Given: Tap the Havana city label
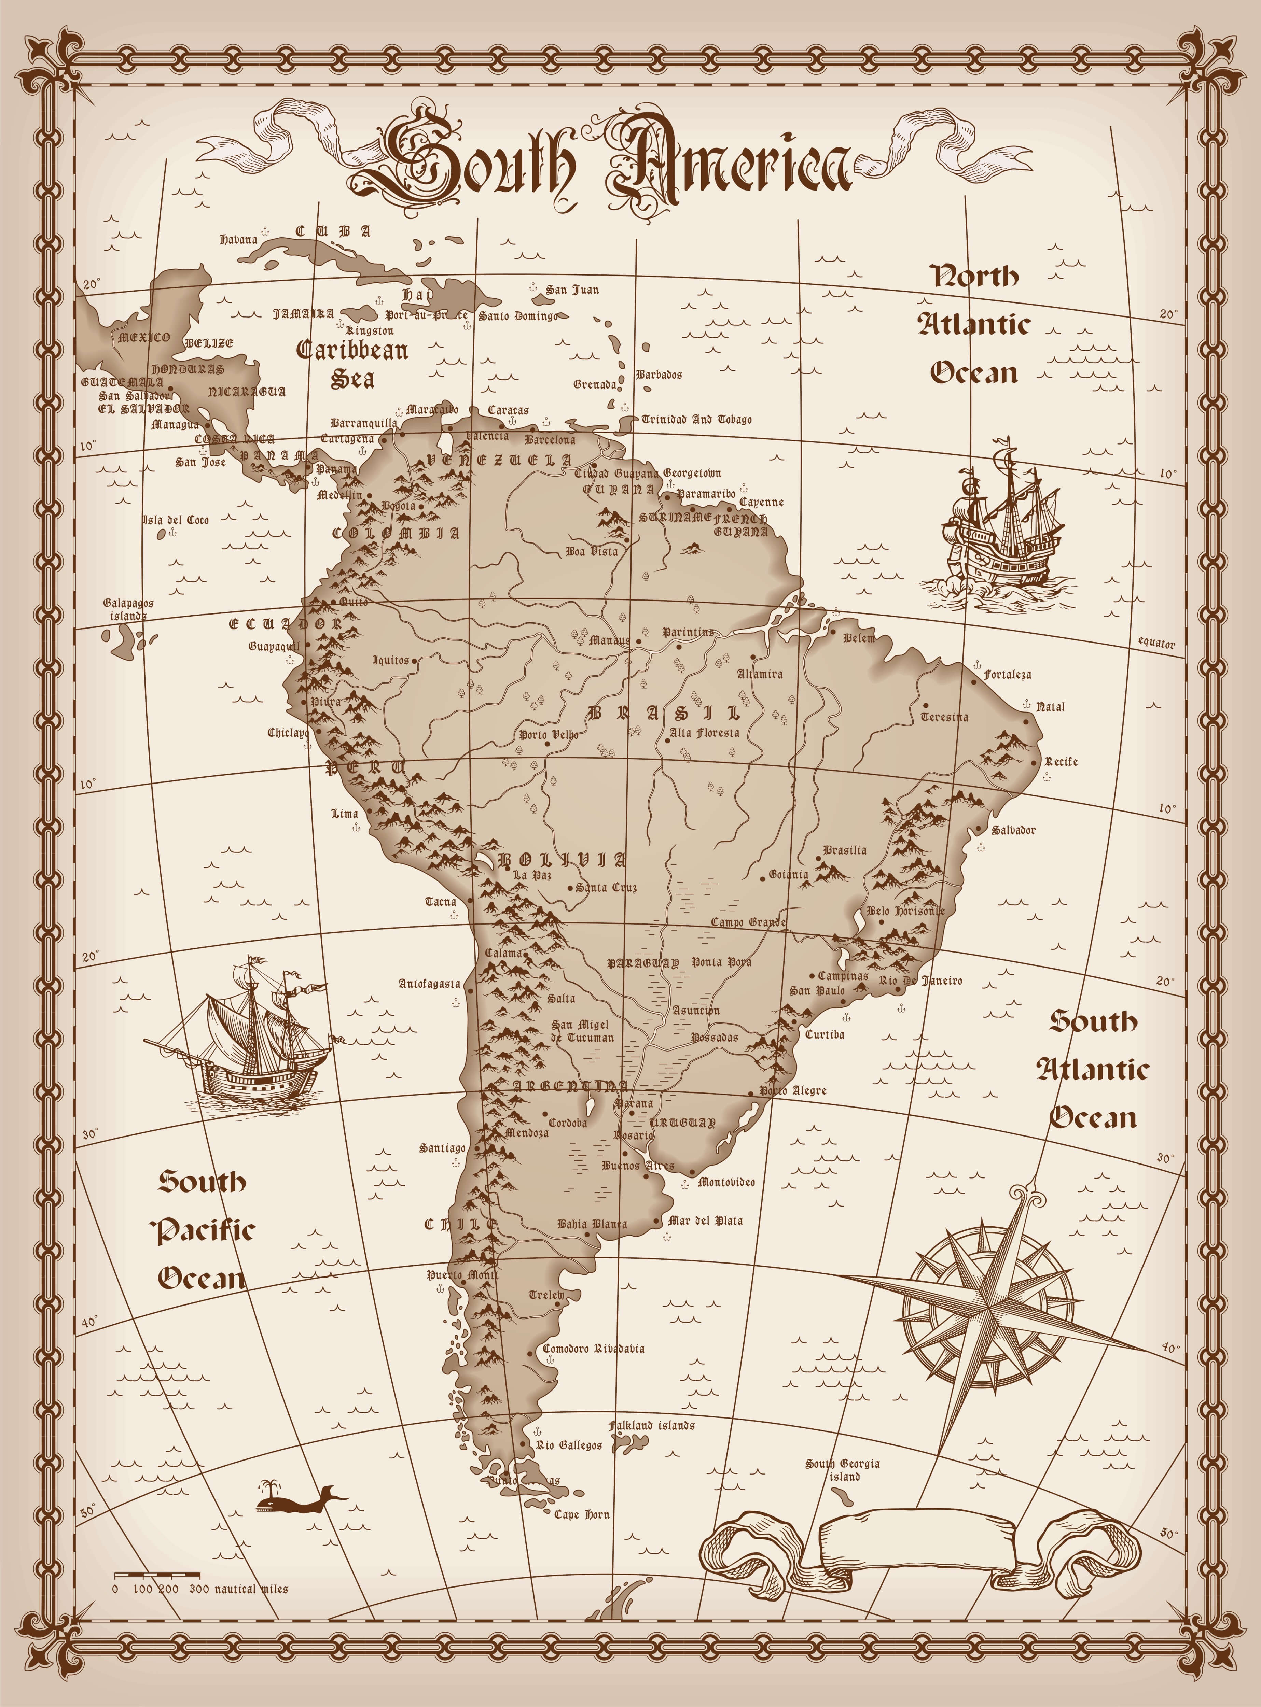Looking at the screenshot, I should [239, 240].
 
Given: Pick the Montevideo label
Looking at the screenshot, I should [726, 1182].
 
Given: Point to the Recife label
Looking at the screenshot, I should [1061, 762].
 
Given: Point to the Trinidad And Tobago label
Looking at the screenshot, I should [696, 419].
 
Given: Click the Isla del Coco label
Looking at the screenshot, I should [176, 520].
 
